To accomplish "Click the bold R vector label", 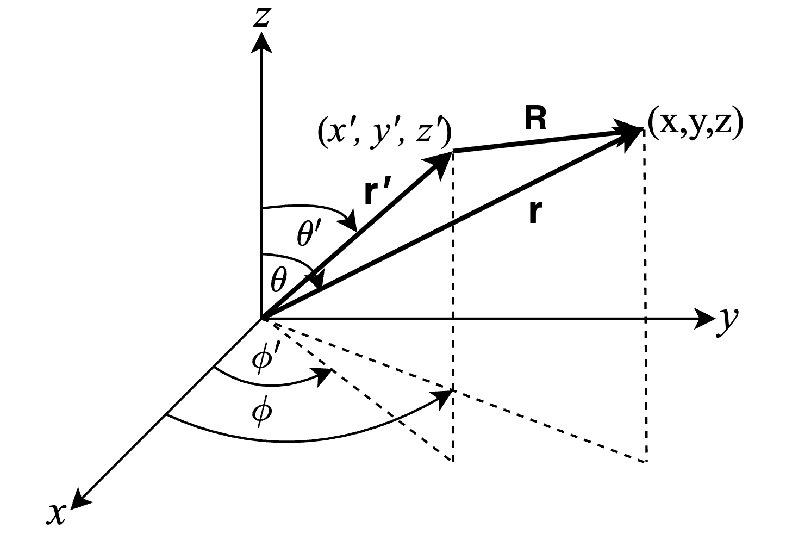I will tap(535, 121).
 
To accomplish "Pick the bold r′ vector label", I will tap(377, 193).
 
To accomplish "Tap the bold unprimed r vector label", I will tap(535, 214).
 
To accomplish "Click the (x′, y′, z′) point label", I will tap(384, 134).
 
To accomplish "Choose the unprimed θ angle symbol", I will tap(278, 281).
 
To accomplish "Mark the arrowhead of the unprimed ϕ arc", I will tap(446, 398).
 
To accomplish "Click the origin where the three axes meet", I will tap(263, 318).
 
